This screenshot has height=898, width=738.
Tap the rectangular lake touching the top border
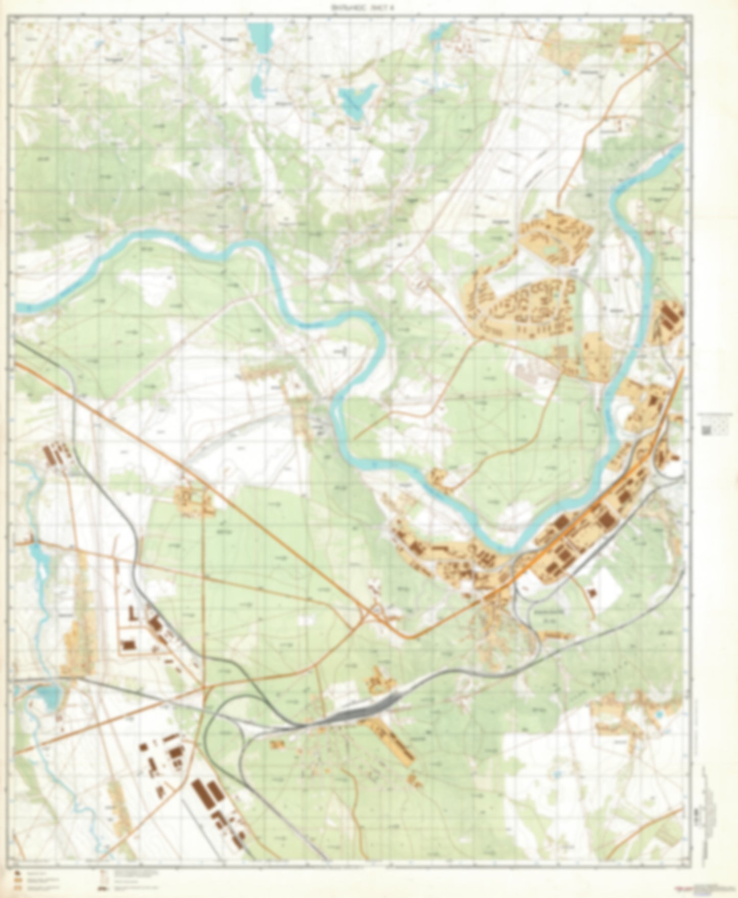[259, 39]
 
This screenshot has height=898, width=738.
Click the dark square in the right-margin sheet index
[707, 429]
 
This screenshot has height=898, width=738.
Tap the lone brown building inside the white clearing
[592, 593]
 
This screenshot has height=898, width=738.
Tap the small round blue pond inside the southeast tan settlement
[659, 712]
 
